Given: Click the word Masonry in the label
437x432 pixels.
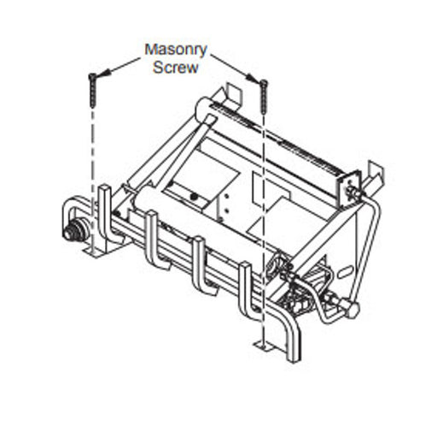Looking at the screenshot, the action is click(x=176, y=50).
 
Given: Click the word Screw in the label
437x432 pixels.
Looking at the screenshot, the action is click(x=176, y=68).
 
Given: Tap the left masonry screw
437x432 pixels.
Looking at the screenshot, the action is click(x=92, y=90).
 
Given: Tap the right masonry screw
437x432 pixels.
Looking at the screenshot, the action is click(x=264, y=96).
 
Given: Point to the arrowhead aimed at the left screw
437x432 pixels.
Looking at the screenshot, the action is click(x=104, y=73).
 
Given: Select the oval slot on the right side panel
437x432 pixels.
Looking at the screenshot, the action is click(x=346, y=272).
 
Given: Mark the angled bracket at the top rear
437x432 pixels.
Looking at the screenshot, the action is click(x=231, y=96).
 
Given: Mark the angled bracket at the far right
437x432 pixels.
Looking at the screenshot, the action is click(x=375, y=175).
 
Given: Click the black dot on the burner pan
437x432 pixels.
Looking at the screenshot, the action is click(x=194, y=196).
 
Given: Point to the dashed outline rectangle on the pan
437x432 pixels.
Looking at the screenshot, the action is click(x=271, y=189).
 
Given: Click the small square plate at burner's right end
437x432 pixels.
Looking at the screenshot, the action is click(x=349, y=189).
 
